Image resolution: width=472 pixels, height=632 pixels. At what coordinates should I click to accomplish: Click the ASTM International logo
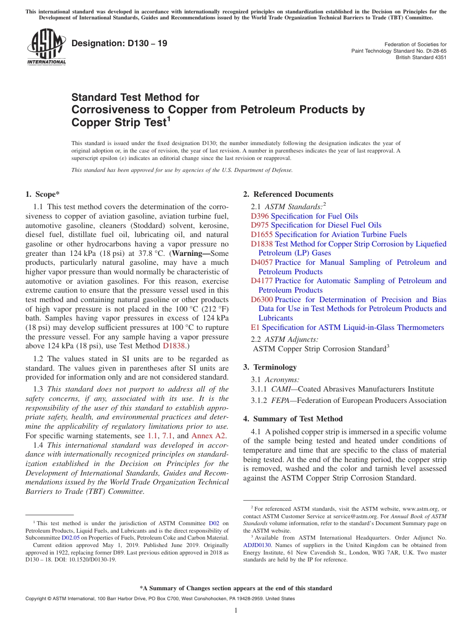click(46, 48)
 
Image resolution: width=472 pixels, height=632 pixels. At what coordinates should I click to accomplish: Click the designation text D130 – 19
click(119, 44)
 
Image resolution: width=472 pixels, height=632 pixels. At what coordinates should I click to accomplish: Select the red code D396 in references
click(260, 216)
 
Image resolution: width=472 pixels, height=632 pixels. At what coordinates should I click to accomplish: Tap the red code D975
click(260, 225)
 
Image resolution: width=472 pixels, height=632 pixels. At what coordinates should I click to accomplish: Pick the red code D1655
click(262, 235)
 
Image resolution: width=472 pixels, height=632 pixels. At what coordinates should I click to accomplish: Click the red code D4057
click(262, 262)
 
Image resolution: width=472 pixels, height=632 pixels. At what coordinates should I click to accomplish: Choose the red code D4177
click(262, 281)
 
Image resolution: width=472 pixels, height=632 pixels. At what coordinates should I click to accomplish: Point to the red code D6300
click(262, 300)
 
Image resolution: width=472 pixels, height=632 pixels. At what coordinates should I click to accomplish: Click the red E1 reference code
click(255, 327)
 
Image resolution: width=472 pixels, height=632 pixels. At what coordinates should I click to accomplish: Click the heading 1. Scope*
click(42, 194)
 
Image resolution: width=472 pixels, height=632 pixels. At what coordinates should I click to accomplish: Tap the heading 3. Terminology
click(270, 367)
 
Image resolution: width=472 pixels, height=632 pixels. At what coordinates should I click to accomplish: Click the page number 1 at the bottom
click(236, 611)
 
